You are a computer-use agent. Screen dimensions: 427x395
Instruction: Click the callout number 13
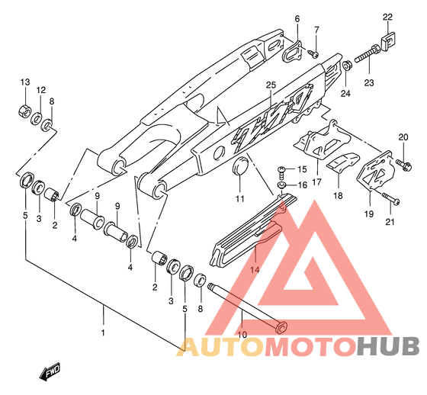click(25, 82)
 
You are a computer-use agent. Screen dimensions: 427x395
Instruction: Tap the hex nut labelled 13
click(24, 111)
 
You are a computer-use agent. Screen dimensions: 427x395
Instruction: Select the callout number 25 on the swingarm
click(271, 85)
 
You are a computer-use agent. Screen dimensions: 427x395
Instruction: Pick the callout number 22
click(387, 18)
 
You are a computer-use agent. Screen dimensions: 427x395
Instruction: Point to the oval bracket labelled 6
click(291, 52)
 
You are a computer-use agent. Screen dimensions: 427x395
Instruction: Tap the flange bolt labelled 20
click(403, 165)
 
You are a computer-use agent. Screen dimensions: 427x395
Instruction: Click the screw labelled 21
click(390, 198)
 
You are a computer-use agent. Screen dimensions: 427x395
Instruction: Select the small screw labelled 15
click(282, 171)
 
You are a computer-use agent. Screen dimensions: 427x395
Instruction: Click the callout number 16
click(302, 185)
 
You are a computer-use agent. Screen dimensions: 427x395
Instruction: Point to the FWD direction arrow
click(50, 371)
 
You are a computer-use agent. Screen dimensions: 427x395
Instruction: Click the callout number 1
click(103, 332)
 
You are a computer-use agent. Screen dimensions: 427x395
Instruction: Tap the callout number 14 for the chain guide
click(255, 270)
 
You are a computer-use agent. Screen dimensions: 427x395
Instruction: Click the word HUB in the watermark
click(388, 346)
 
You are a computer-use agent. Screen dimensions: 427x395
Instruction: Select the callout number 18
click(338, 195)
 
